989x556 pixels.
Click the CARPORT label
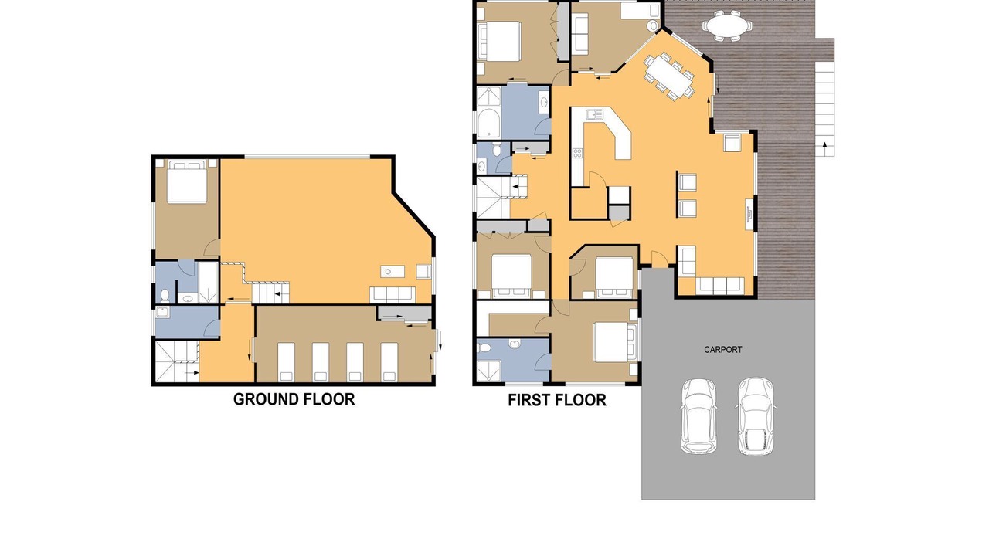pyautogui.click(x=722, y=350)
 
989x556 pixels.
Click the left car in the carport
pyautogui.click(x=698, y=415)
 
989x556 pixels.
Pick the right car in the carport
pyautogui.click(x=756, y=416)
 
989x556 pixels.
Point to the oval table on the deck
pyautogui.click(x=728, y=26)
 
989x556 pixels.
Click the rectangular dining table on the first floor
pyautogui.click(x=669, y=76)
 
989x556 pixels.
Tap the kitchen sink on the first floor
pyautogui.click(x=594, y=115)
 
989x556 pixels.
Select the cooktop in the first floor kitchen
pyautogui.click(x=577, y=153)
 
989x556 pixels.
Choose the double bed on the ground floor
pyautogui.click(x=187, y=181)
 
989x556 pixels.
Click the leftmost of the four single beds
pyautogui.click(x=286, y=361)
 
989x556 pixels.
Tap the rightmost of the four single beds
pyautogui.click(x=389, y=361)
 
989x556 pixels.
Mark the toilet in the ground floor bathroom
pyautogui.click(x=165, y=295)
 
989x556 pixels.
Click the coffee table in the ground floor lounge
pyautogui.click(x=393, y=271)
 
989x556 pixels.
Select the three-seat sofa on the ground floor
pyautogui.click(x=393, y=295)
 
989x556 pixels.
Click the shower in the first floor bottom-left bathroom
pyautogui.click(x=489, y=371)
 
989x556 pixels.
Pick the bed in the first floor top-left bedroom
pyautogui.click(x=500, y=42)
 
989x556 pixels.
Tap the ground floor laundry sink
pyautogui.click(x=162, y=313)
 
